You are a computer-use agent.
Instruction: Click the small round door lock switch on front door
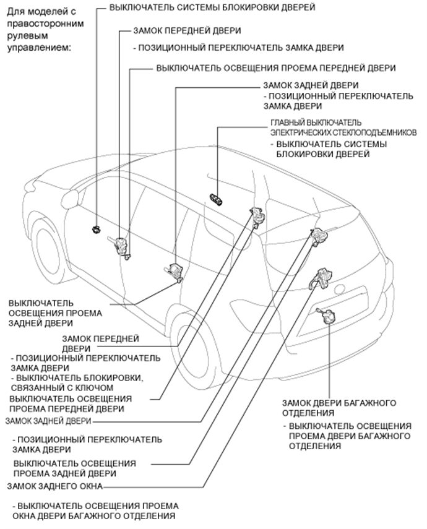(96, 230)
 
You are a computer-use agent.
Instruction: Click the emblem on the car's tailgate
(339, 288)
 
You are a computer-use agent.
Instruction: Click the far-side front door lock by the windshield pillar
(257, 215)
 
